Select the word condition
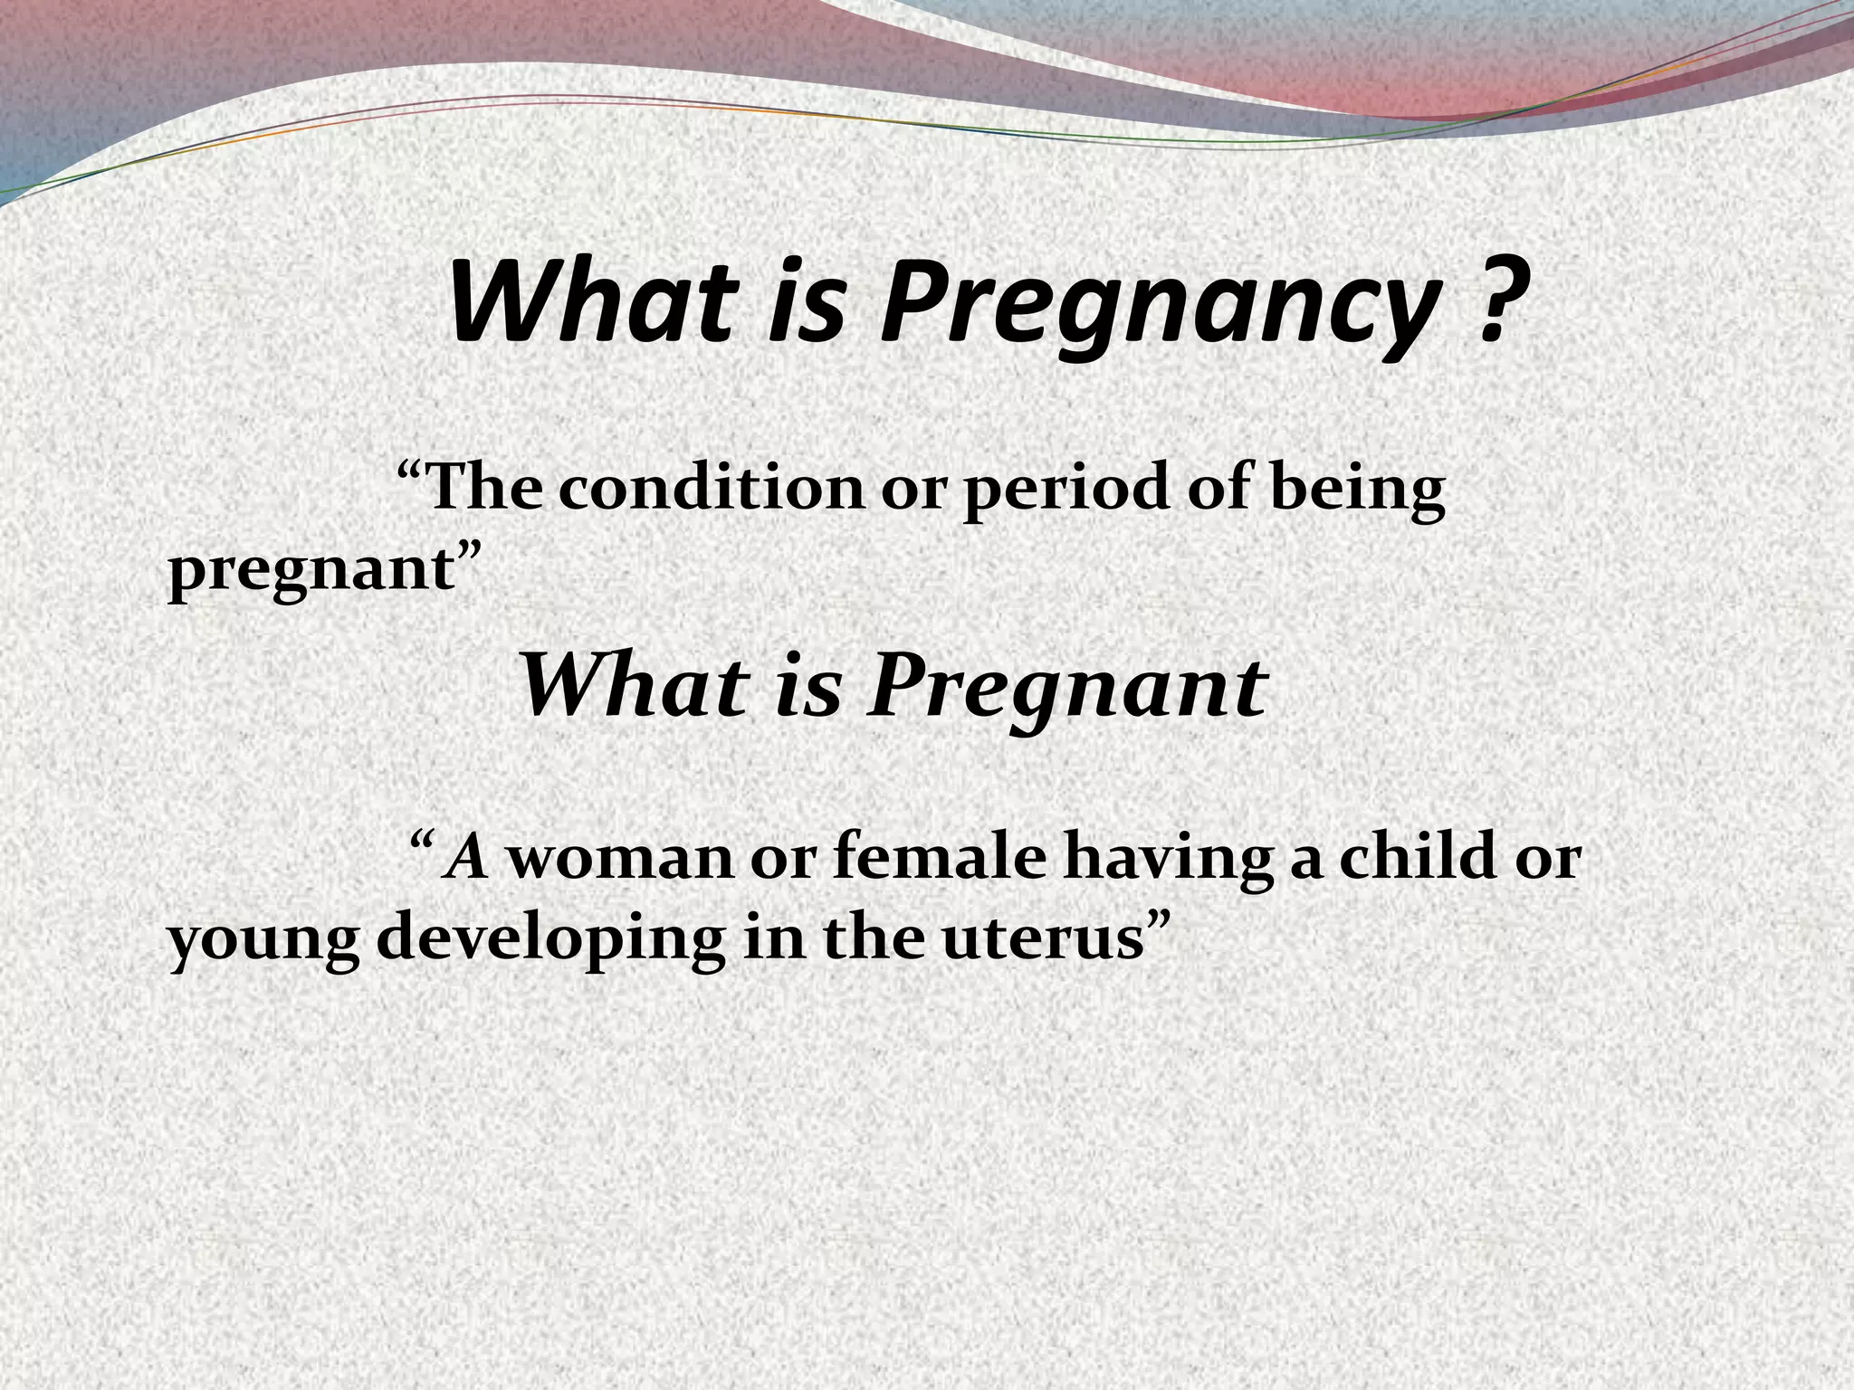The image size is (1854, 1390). click(712, 490)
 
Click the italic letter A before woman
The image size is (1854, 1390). click(469, 856)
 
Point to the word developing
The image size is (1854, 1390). click(549, 941)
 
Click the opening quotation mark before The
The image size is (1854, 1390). click(411, 474)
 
